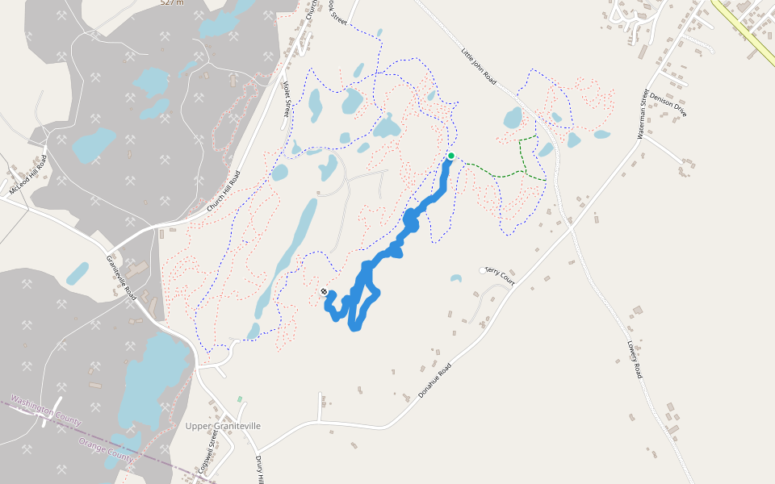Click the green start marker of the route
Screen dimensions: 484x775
point(450,156)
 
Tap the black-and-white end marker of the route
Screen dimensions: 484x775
point(324,292)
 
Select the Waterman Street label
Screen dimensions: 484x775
point(643,114)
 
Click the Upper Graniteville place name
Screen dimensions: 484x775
point(223,426)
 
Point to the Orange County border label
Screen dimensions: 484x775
point(106,450)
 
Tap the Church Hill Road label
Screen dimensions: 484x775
point(224,192)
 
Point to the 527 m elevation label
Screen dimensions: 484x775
point(172,2)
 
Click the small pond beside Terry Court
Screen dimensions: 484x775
point(456,279)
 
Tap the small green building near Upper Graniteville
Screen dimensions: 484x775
point(239,399)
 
